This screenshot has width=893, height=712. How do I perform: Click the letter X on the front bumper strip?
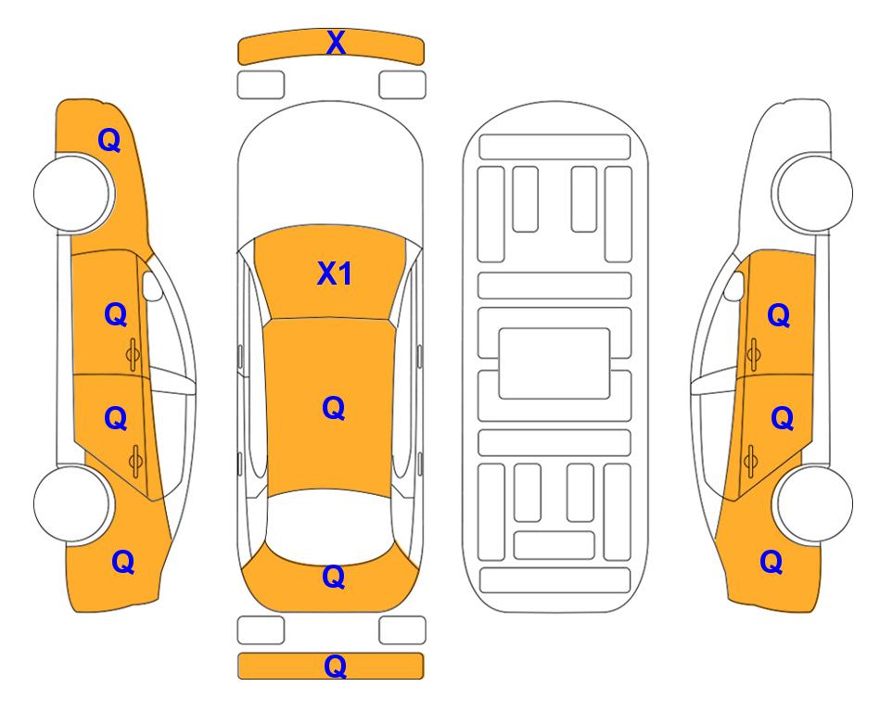(x=336, y=43)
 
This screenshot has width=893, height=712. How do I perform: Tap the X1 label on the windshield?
(x=335, y=273)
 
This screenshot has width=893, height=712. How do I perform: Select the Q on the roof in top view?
(x=334, y=408)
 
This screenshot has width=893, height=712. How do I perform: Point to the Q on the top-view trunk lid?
(x=334, y=577)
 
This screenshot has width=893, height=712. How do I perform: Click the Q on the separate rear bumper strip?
(x=335, y=666)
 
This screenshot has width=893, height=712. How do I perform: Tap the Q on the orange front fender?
(x=109, y=140)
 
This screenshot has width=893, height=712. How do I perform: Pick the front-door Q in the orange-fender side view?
(x=116, y=314)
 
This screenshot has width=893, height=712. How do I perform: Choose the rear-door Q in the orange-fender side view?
(x=116, y=418)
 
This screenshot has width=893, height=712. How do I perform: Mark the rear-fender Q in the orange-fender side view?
(x=123, y=562)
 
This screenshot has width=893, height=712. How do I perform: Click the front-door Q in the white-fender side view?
(x=779, y=315)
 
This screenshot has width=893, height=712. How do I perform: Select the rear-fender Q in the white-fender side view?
(x=772, y=562)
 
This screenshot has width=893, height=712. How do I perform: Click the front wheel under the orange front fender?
(x=72, y=193)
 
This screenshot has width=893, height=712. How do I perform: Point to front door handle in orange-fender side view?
(x=133, y=354)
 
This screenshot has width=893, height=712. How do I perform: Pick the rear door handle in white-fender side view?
(x=750, y=461)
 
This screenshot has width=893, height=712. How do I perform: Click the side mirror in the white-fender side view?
(x=734, y=286)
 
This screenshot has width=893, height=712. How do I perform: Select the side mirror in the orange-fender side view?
(x=152, y=286)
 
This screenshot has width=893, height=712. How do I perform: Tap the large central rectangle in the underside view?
(x=555, y=363)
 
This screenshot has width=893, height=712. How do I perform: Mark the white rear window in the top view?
(x=330, y=524)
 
